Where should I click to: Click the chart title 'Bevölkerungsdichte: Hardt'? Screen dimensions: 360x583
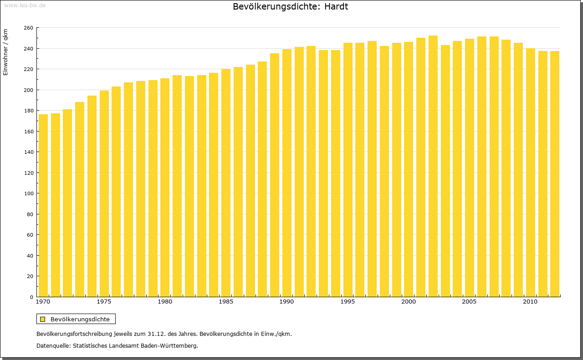(290, 7)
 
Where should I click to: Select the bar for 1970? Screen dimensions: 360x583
(43, 205)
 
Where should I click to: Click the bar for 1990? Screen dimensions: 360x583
(286, 173)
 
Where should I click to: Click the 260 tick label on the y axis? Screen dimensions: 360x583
(28, 28)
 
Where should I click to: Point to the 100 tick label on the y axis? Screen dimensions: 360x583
(28, 193)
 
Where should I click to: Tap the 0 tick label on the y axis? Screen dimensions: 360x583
(31, 297)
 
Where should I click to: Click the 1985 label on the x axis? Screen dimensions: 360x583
(226, 302)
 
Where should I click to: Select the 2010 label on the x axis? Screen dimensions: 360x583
(530, 302)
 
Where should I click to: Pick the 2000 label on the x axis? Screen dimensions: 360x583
(409, 302)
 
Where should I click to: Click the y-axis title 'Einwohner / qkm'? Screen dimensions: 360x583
(5, 52)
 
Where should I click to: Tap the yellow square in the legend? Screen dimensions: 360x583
(43, 319)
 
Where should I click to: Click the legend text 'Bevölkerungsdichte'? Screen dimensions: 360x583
(80, 319)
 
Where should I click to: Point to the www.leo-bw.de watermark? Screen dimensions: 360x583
(25, 5)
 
